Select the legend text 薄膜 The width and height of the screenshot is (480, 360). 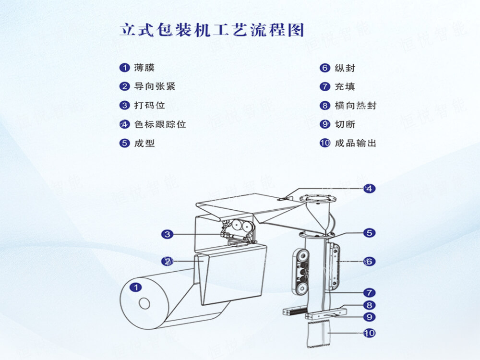pyautogui.click(x=144, y=68)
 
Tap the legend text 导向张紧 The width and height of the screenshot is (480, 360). pyautogui.click(x=155, y=87)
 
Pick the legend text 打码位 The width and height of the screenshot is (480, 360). pyautogui.click(x=149, y=106)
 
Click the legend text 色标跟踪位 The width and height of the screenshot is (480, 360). pyautogui.click(x=160, y=124)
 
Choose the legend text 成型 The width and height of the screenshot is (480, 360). pyautogui.click(x=144, y=143)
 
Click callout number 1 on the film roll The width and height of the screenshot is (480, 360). pyautogui.click(x=136, y=288)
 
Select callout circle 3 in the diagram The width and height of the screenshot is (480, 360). pyautogui.click(x=167, y=234)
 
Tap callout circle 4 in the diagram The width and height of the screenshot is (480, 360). pyautogui.click(x=369, y=189)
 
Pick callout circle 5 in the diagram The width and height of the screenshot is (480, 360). pyautogui.click(x=369, y=233)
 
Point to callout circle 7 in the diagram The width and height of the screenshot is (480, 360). pyautogui.click(x=369, y=292)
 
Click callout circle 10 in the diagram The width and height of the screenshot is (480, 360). pyautogui.click(x=369, y=333)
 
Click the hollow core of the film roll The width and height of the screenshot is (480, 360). pyautogui.click(x=144, y=303)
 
